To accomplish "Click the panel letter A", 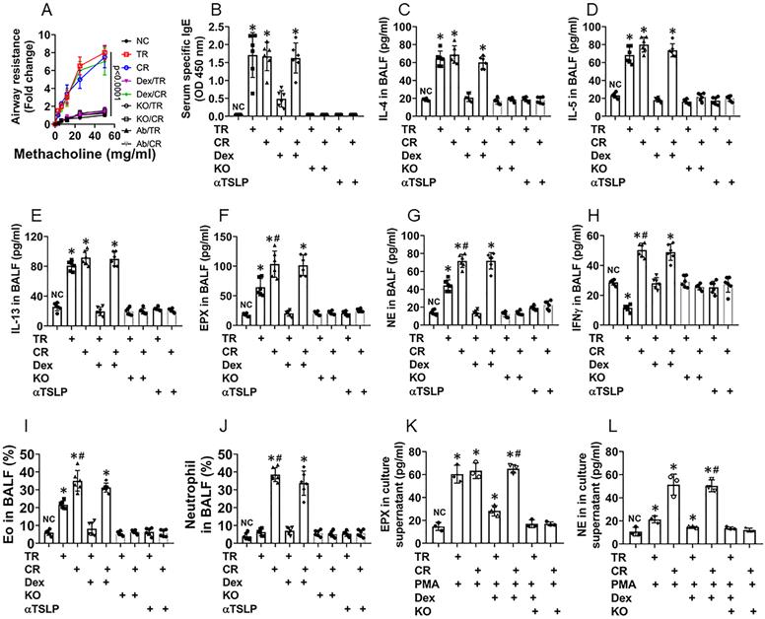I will tap(43, 13).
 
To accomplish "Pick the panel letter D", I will tap(591, 12).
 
